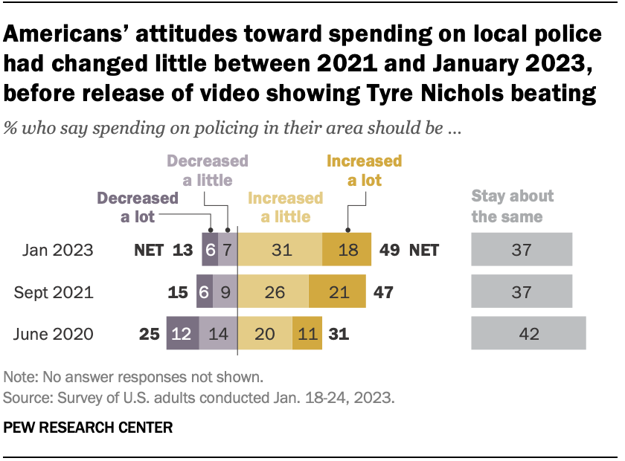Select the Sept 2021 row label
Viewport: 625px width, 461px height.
(54, 292)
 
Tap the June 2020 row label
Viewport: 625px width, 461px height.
(54, 334)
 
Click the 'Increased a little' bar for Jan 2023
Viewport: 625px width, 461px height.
(280, 251)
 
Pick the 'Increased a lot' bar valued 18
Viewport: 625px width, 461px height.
(347, 251)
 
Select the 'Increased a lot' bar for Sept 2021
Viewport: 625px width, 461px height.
(337, 292)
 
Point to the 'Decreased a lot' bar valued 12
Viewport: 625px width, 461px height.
(182, 334)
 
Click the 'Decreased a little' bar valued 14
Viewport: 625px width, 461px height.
(218, 334)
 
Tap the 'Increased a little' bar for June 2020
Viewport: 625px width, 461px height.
(265, 334)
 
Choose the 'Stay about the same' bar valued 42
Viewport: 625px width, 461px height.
(528, 334)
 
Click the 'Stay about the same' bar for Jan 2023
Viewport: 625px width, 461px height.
(522, 251)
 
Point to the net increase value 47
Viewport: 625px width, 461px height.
(382, 292)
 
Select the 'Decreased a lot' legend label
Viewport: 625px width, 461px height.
(138, 207)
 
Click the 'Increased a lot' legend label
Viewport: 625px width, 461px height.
(365, 170)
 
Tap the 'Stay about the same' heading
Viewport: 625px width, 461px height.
(513, 206)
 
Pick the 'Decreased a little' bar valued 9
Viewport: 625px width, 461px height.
(225, 292)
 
